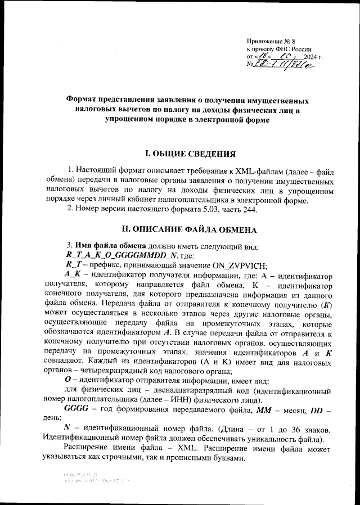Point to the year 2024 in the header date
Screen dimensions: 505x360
tap(310, 57)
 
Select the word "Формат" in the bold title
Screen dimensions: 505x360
tap(82, 100)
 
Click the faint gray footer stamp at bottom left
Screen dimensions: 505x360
tap(89, 479)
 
